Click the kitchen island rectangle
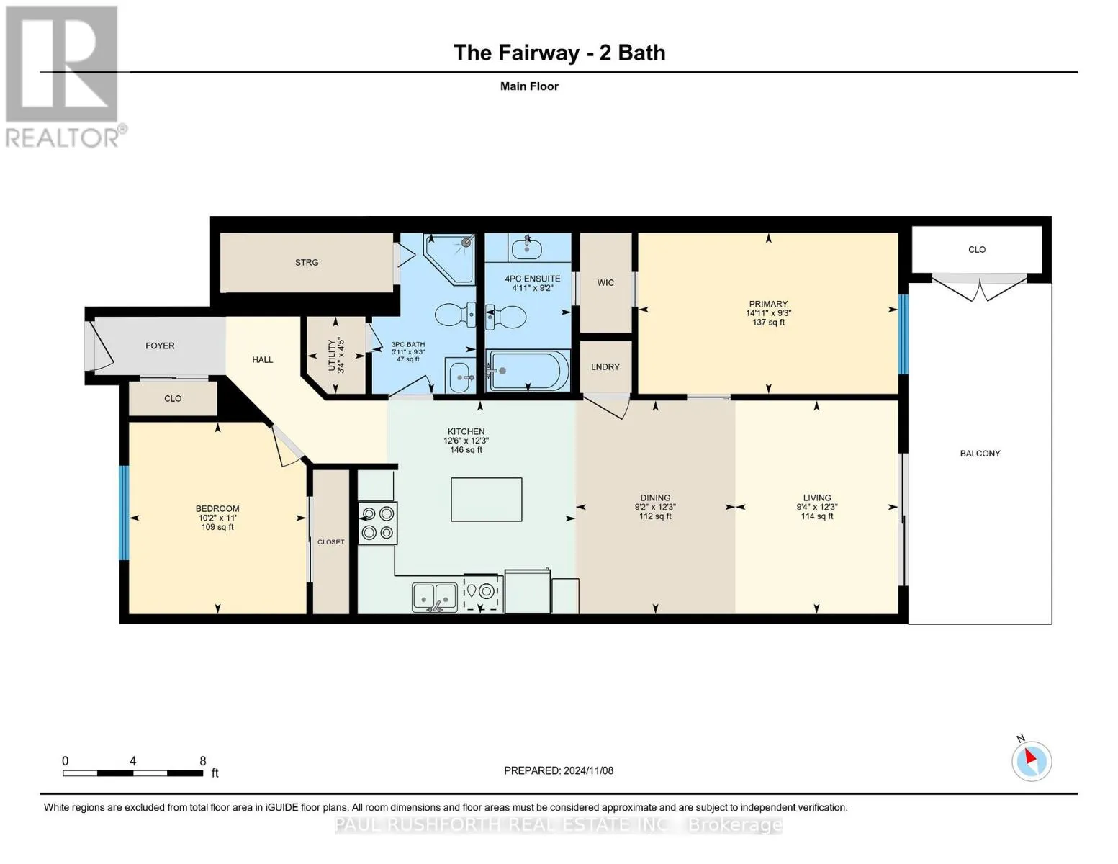(486, 499)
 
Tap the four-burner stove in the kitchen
(378, 523)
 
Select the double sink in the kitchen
(435, 597)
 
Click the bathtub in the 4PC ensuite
(528, 370)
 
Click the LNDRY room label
(605, 367)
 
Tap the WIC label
(605, 282)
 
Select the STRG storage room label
(307, 263)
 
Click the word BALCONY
(980, 454)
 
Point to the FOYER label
(160, 346)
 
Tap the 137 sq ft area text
(768, 322)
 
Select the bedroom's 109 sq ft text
(217, 527)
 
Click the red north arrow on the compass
(1030, 757)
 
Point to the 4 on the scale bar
(132, 761)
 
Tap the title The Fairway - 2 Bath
(559, 53)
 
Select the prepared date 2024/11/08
(588, 770)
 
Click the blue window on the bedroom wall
(124, 513)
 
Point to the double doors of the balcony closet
(980, 288)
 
